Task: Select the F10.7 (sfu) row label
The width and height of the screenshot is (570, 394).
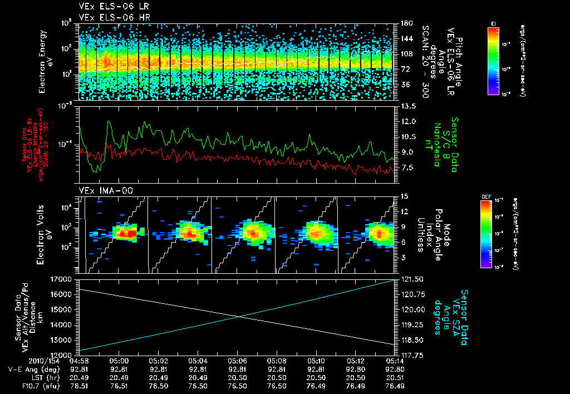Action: pyautogui.click(x=22, y=385)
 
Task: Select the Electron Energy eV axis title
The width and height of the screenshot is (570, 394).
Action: pyautogui.click(x=46, y=61)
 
